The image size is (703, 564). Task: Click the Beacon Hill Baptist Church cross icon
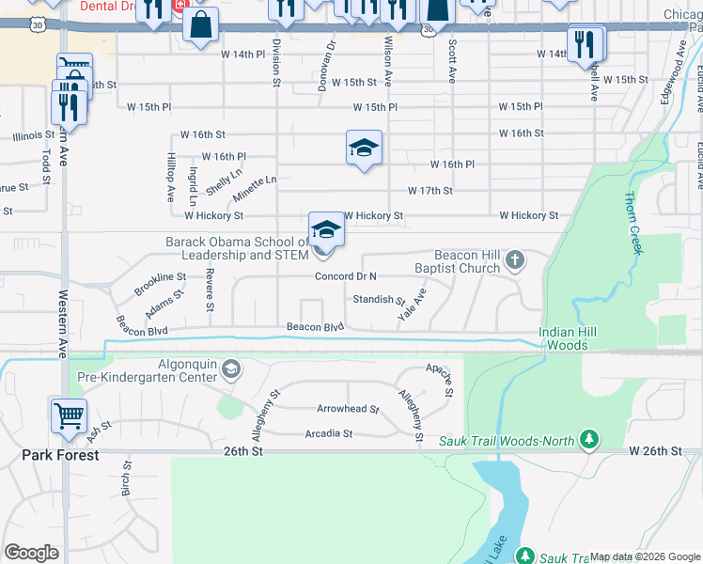(515, 259)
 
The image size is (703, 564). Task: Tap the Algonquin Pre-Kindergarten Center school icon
(230, 369)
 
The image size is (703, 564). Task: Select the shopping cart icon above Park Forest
(70, 415)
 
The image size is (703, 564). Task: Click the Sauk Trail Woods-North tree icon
(589, 439)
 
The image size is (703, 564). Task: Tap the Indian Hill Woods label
(576, 338)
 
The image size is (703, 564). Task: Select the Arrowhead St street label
(348, 410)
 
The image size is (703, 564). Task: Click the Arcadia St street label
(328, 433)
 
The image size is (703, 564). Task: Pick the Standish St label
(378, 301)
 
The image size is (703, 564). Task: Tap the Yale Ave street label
(412, 305)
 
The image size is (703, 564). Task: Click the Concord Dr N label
(346, 276)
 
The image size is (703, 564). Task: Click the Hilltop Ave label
(171, 179)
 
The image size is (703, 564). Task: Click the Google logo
(32, 553)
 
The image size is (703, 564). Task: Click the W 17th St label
(430, 191)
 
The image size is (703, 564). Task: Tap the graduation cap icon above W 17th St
(364, 148)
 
